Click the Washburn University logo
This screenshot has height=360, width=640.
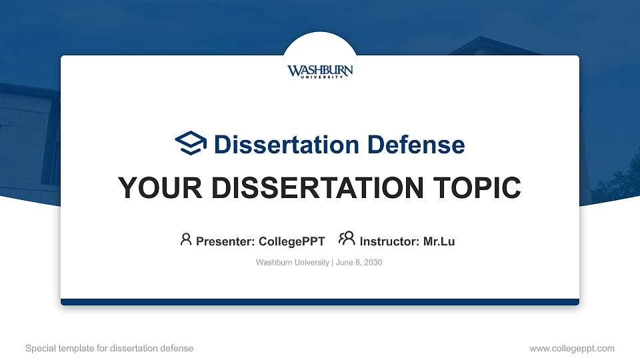point(320,71)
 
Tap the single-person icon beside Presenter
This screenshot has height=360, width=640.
point(186,239)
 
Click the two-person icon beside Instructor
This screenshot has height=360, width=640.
point(347,239)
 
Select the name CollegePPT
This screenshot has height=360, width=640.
point(292,241)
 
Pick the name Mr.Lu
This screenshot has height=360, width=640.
point(439,241)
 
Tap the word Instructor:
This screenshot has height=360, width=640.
point(390,241)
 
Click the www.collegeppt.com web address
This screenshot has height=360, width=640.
point(571,348)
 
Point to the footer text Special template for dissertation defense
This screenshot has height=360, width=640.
point(109,348)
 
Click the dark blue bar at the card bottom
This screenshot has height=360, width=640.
point(320,302)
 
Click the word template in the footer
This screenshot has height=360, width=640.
point(77,348)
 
